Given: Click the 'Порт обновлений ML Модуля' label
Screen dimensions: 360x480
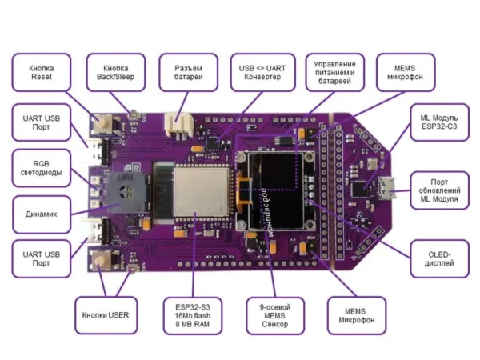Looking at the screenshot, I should (439, 193).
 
